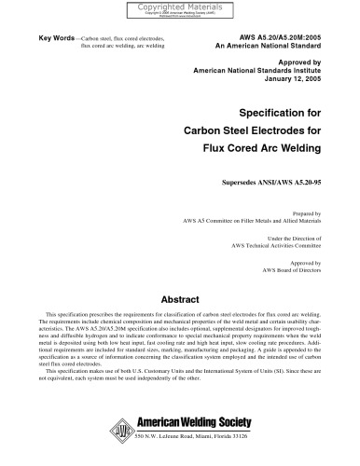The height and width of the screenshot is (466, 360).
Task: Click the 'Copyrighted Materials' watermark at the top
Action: click(x=179, y=7)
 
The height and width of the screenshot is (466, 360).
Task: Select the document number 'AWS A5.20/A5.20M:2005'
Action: click(x=275, y=34)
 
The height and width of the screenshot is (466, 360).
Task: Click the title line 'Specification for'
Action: click(x=280, y=112)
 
